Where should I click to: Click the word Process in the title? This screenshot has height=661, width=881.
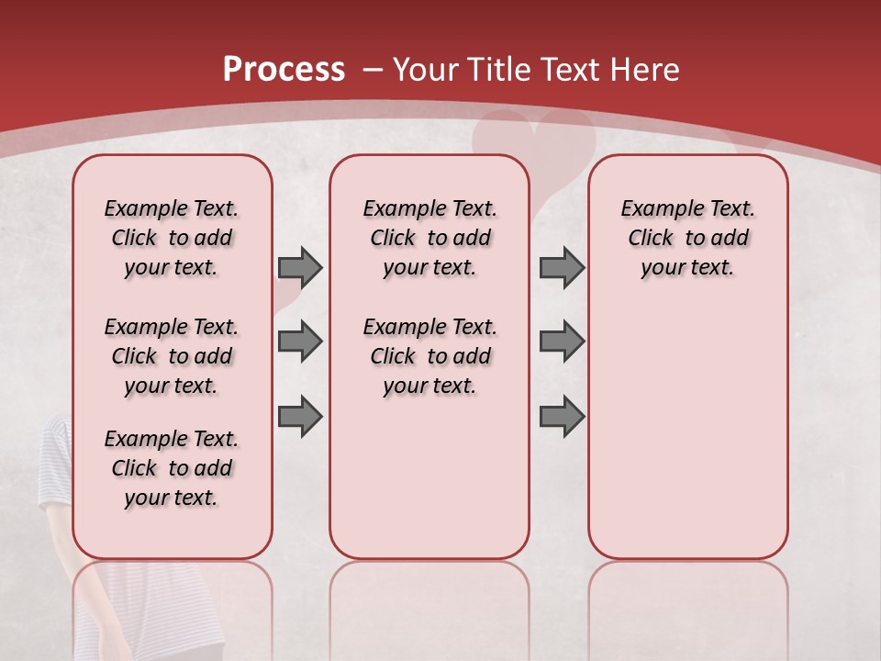(x=284, y=70)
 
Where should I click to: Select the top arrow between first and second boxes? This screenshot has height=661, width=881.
(x=299, y=267)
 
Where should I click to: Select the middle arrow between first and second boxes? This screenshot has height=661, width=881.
(x=299, y=342)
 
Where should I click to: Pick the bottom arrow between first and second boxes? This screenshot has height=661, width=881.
(x=299, y=417)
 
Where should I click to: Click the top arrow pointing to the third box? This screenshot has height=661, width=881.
(x=562, y=267)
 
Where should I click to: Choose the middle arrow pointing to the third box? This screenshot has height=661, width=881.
(x=562, y=342)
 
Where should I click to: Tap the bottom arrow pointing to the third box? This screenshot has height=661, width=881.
(x=562, y=417)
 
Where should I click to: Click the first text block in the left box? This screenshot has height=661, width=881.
(x=172, y=238)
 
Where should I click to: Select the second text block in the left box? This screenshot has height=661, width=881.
(x=172, y=356)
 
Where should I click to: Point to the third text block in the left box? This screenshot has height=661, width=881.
(x=172, y=468)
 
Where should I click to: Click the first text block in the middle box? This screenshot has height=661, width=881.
(x=429, y=238)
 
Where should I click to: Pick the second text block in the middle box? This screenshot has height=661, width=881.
(x=429, y=356)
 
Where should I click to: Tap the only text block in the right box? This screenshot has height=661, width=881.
(x=687, y=238)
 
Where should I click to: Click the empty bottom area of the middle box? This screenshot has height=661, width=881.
(x=429, y=487)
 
